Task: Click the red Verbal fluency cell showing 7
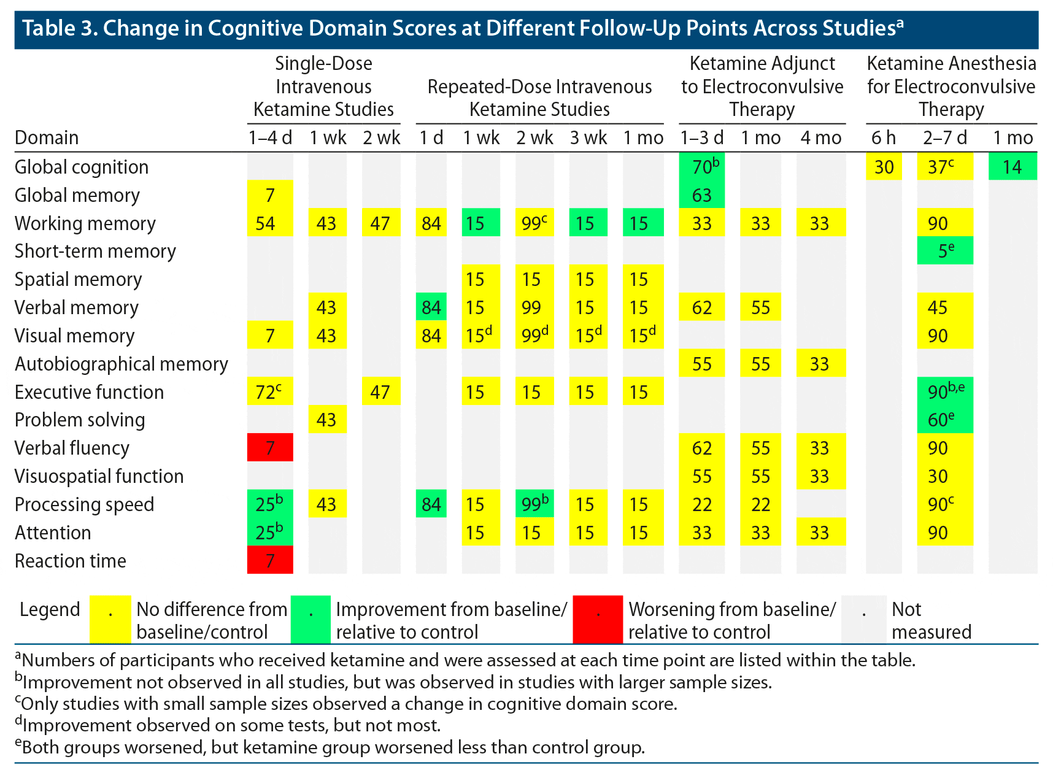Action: point(270,448)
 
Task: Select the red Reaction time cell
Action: point(270,560)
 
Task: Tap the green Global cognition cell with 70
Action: point(702,167)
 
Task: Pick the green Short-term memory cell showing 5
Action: point(945,251)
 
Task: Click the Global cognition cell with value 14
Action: point(1012,167)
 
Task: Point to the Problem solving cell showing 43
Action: point(326,420)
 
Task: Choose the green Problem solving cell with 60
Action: point(945,420)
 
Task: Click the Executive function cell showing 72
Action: point(270,391)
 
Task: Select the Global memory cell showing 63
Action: point(702,195)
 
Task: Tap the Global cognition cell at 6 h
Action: point(884,167)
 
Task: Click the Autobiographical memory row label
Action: point(121,364)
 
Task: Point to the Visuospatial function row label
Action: point(99,476)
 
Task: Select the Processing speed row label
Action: point(84,504)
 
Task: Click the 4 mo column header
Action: point(820,137)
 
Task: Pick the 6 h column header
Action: point(884,137)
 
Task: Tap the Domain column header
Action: point(47,137)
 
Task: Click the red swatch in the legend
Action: point(598,619)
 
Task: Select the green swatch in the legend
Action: point(311,619)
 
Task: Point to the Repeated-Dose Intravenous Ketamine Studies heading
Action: point(539,98)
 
